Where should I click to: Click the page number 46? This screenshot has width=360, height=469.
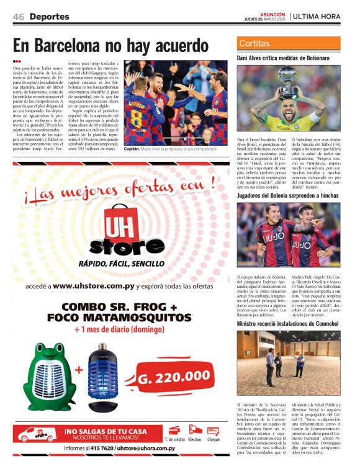pyautogui.click(x=19, y=17)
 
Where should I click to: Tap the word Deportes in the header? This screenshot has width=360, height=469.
pyautogui.click(x=50, y=17)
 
